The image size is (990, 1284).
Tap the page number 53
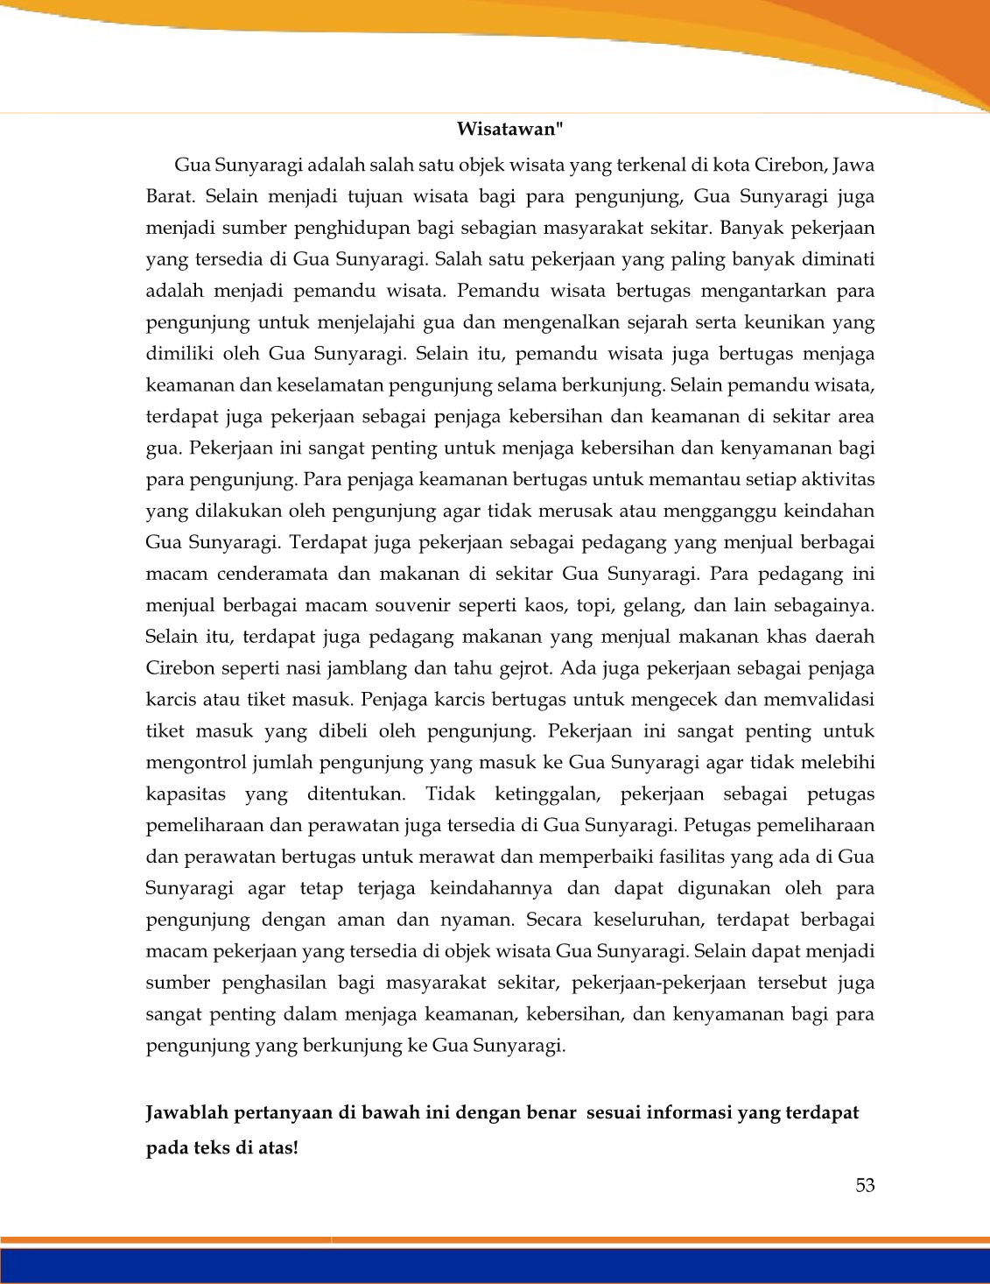865,1185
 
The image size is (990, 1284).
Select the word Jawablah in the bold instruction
186,1113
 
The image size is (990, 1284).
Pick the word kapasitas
186,795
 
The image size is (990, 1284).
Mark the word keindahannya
491,889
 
